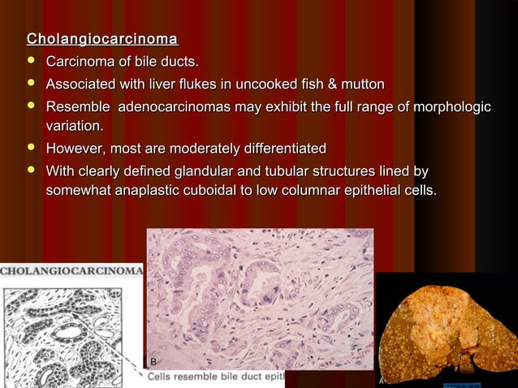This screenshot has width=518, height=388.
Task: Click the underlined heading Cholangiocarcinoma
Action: coord(102,39)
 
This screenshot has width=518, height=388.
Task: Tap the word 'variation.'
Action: coord(75,127)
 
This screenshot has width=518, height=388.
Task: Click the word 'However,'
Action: coord(76,149)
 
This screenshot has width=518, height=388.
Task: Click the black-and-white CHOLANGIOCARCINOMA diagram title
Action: coord(71,269)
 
